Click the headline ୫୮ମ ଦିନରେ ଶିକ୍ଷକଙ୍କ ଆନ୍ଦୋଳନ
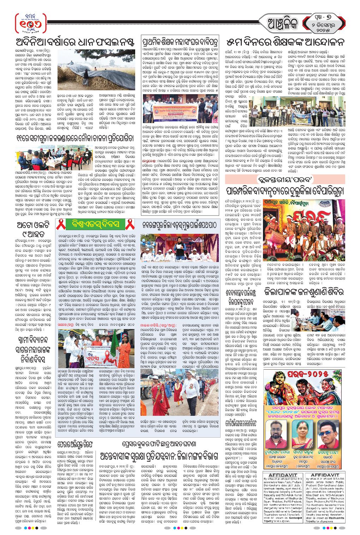click(x=285, y=43)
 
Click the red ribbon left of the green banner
click(x=62, y=224)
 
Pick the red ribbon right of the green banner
click(x=130, y=224)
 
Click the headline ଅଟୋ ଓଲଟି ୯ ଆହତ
click(x=34, y=229)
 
